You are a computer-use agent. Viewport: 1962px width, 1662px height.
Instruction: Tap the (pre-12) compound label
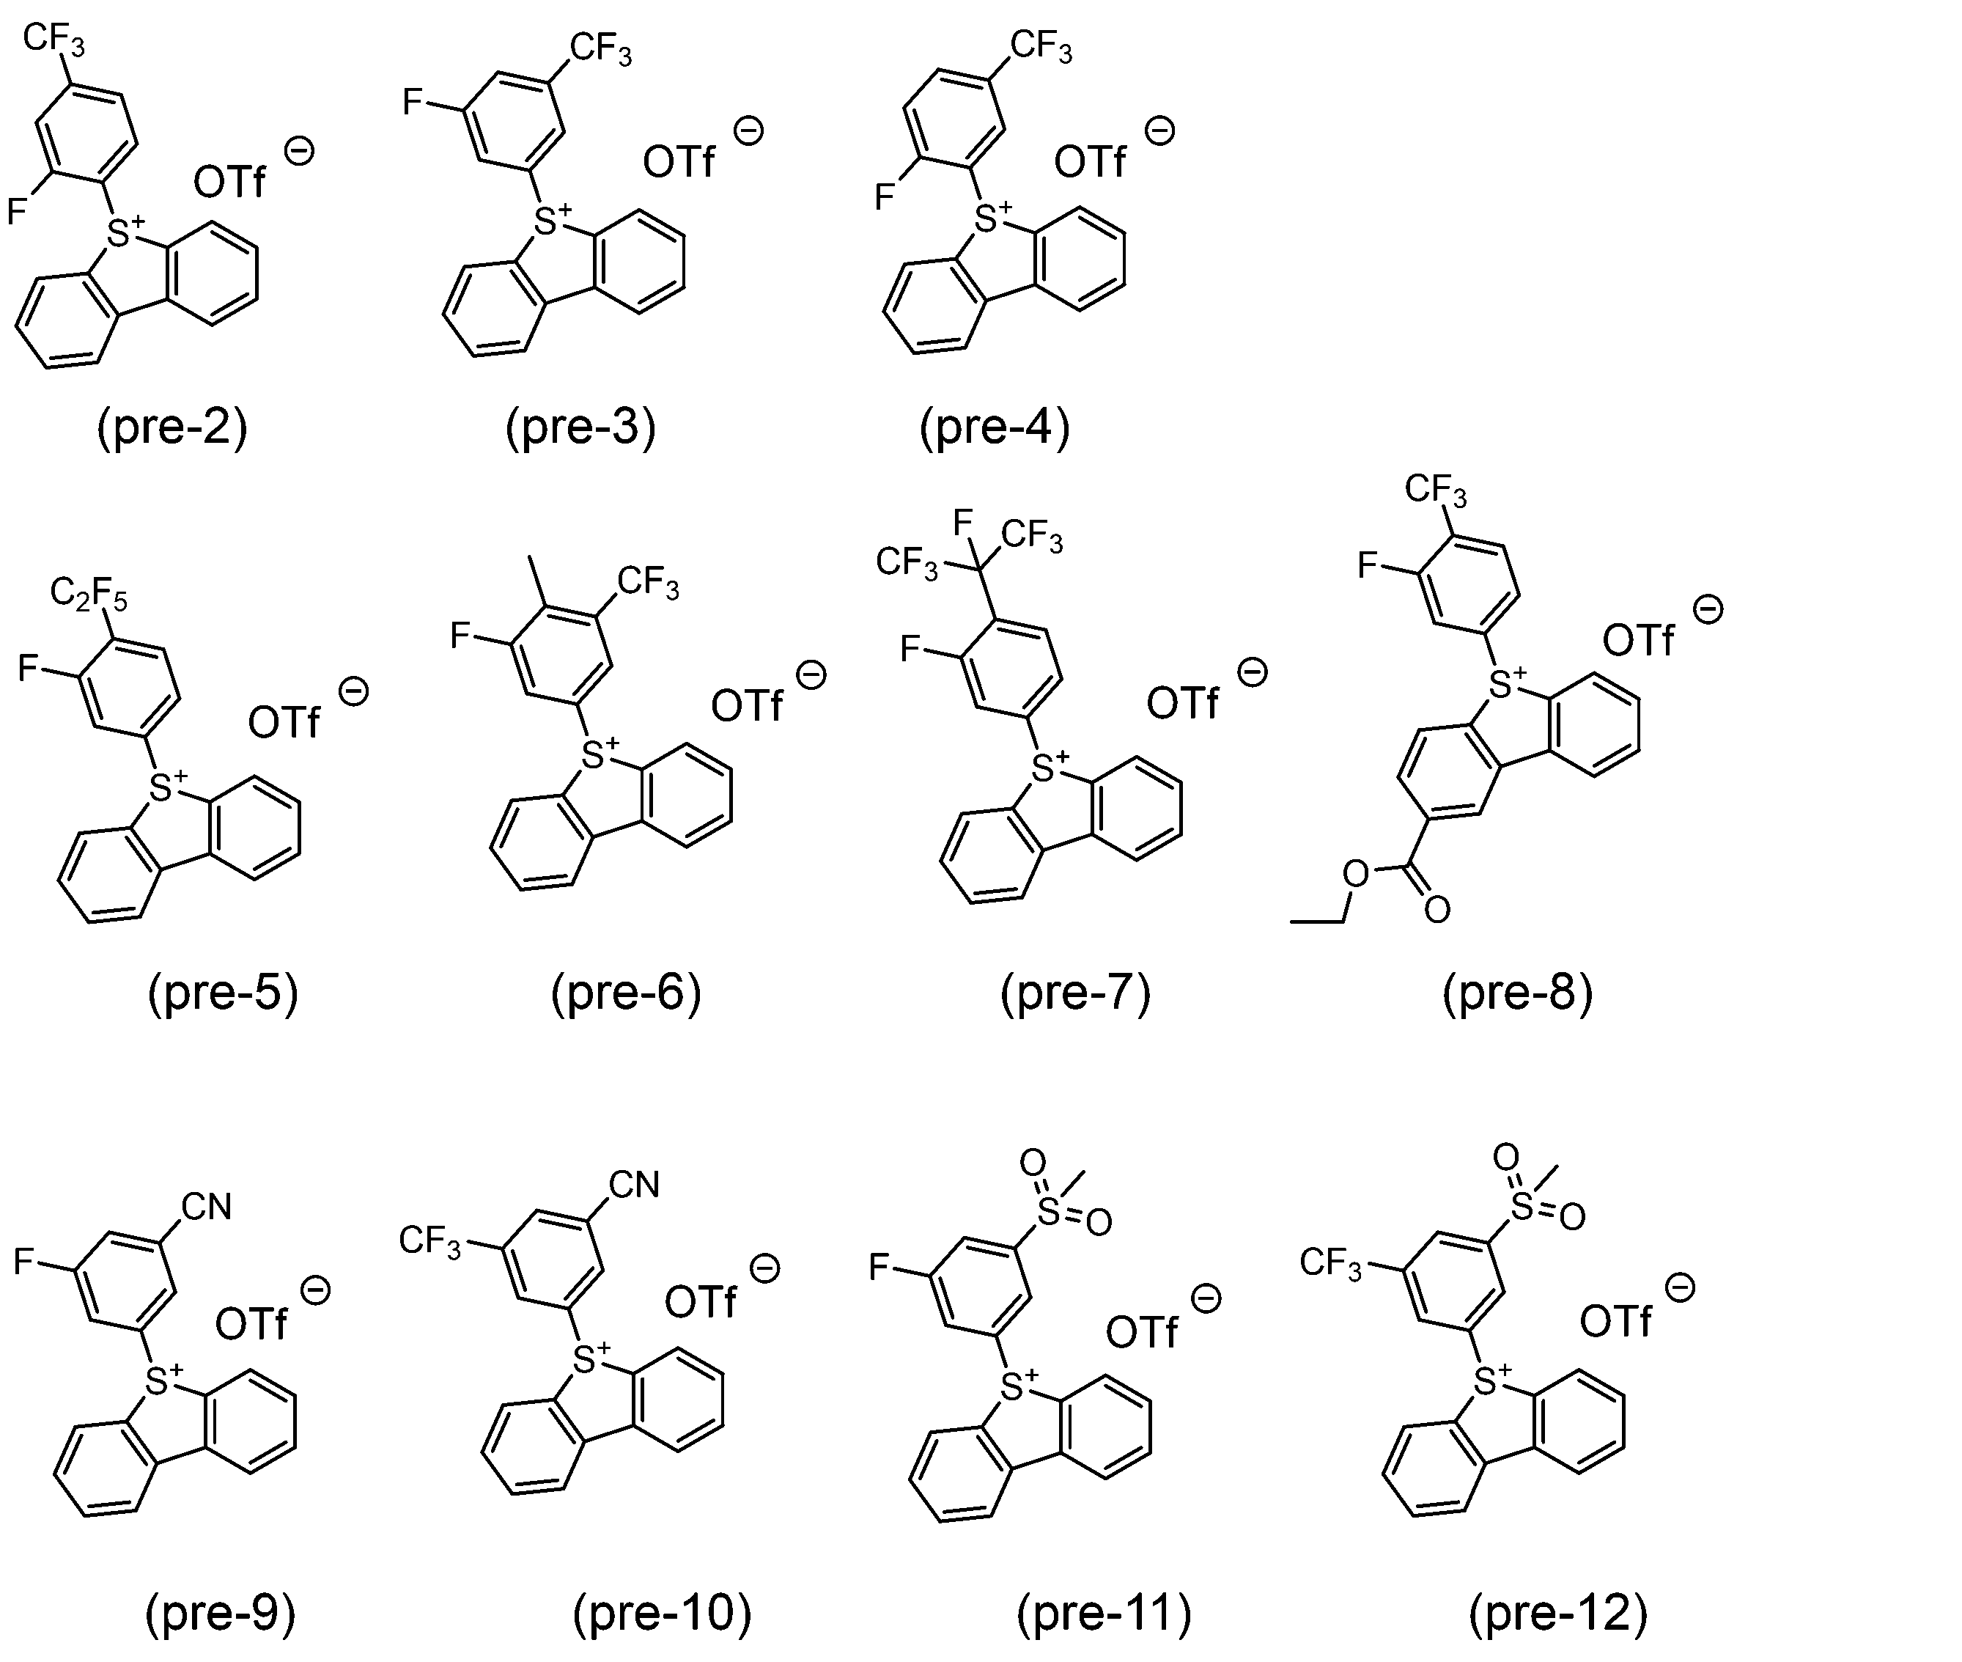[1559, 1613]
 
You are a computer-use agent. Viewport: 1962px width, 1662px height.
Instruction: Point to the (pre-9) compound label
[221, 1613]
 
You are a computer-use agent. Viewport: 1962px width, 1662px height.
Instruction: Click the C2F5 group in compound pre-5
[89, 595]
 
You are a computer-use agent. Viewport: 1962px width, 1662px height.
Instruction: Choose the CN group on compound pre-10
[634, 1184]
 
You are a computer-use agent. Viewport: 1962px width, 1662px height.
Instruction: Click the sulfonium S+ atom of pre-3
[552, 219]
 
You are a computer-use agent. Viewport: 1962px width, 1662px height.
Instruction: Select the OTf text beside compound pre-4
[1089, 162]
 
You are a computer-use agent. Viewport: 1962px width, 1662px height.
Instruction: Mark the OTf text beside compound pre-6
[747, 706]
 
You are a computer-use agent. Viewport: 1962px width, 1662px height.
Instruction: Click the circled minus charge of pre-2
[300, 152]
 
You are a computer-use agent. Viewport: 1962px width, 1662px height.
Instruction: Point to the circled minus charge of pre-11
[1206, 1298]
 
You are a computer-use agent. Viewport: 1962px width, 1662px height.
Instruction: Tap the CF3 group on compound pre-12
[1331, 1262]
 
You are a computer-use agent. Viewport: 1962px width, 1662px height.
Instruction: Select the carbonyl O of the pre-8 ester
[1437, 909]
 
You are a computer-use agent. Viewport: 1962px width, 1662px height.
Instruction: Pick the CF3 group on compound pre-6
[648, 582]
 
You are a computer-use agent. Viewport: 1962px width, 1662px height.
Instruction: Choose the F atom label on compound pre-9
[23, 1261]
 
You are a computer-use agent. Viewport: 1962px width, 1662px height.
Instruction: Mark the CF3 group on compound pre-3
[601, 48]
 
